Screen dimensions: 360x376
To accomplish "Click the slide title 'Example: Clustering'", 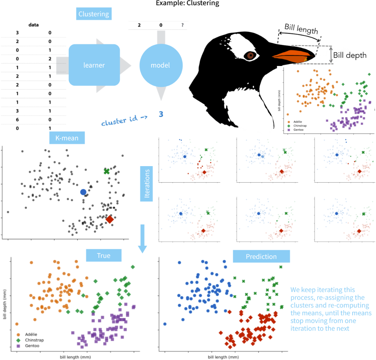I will tap(188, 4).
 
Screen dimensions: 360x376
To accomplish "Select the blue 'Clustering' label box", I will tap(94, 14).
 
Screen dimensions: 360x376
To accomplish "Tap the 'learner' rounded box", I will tap(94, 65).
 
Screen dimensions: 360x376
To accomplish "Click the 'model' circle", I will tap(160, 65).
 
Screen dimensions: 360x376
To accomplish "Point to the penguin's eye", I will tap(251, 55).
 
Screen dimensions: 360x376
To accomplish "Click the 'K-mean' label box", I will tap(67, 138).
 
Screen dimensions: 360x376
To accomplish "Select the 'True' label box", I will tap(103, 255).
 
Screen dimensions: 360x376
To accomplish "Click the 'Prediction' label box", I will tap(261, 256).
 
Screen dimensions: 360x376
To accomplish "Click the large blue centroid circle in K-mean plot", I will tap(83, 192).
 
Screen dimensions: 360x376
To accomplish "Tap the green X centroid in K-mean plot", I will tap(107, 171).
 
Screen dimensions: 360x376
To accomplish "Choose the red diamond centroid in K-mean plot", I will tap(109, 219).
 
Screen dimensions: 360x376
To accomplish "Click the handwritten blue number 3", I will tap(161, 114).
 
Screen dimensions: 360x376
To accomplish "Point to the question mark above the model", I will tap(182, 25).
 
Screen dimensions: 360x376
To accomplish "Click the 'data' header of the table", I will tap(34, 25).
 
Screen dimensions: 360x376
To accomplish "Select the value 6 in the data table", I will tap(17, 120).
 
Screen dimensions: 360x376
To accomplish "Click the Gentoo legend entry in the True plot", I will tap(29, 346).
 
